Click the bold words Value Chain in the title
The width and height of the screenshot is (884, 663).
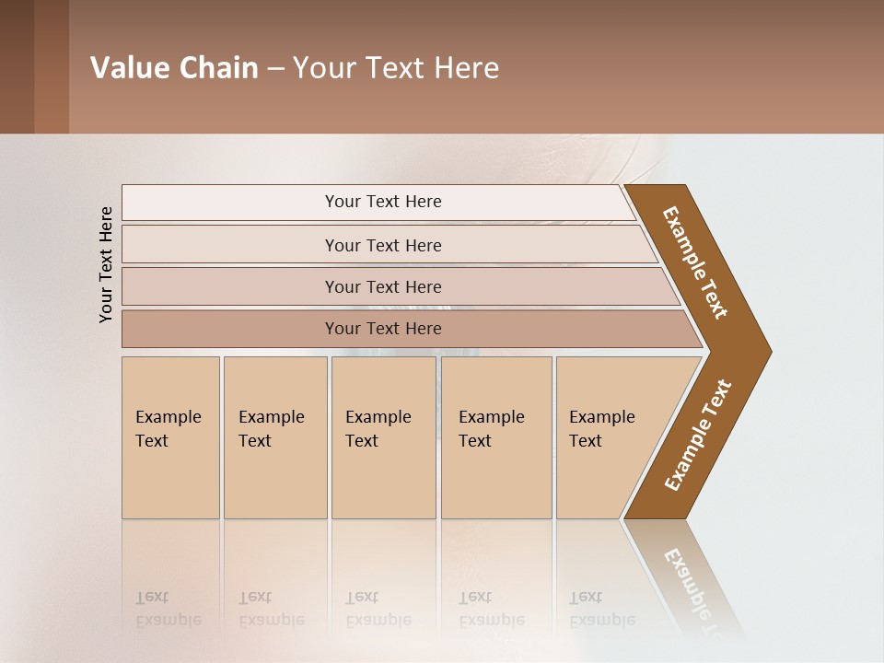click(x=174, y=68)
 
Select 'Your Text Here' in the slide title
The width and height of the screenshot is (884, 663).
click(x=396, y=68)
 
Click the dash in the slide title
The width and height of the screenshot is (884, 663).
click(x=275, y=69)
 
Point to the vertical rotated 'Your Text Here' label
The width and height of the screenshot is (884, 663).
click(x=107, y=264)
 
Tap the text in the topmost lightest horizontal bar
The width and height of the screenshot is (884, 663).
click(x=383, y=202)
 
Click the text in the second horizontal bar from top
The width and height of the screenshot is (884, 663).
click(x=383, y=245)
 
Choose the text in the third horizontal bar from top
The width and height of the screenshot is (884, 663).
click(x=383, y=286)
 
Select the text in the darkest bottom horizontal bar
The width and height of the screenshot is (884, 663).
click(x=383, y=329)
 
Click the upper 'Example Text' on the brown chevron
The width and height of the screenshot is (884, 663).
click(x=695, y=262)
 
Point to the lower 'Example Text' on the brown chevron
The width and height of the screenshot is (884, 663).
click(x=698, y=436)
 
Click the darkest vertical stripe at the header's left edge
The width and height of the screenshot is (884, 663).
click(x=17, y=66)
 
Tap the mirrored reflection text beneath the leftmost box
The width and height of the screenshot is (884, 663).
click(x=168, y=609)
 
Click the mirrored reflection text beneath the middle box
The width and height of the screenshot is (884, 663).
click(x=378, y=609)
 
